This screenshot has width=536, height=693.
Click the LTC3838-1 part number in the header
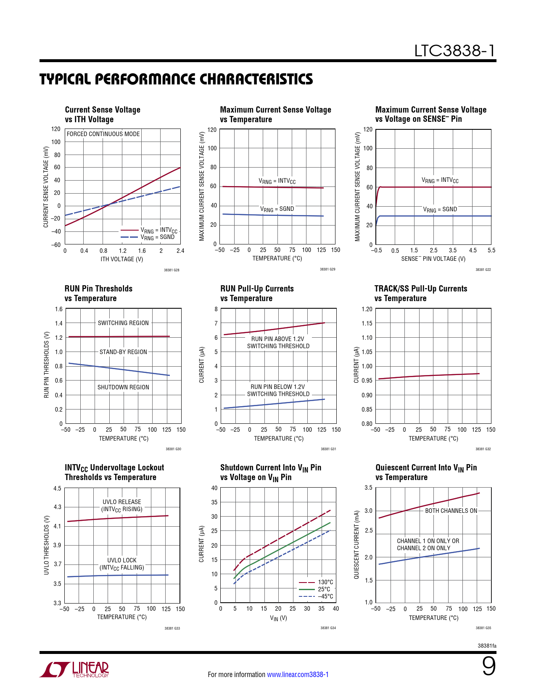[454, 51]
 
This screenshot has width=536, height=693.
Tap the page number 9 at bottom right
[488, 667]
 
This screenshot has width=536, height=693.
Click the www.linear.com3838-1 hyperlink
[298, 675]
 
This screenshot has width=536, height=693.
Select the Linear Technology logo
[74, 669]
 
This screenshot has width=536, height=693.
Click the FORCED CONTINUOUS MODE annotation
[103, 134]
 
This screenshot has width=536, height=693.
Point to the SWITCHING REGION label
[123, 323]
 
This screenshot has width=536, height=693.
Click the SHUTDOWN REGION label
[123, 387]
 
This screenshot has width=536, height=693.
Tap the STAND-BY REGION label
[123, 352]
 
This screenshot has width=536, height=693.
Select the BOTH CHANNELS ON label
[451, 511]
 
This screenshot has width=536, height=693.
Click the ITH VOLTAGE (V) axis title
[122, 259]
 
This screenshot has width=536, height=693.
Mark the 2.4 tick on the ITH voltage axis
[180, 251]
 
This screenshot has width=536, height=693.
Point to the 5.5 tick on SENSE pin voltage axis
[491, 250]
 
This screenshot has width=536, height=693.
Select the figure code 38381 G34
[328, 628]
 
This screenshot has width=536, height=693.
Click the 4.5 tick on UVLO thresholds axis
[57, 488]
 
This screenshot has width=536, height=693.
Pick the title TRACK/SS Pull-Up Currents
[421, 289]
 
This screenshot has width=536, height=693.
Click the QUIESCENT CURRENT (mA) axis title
[356, 545]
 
